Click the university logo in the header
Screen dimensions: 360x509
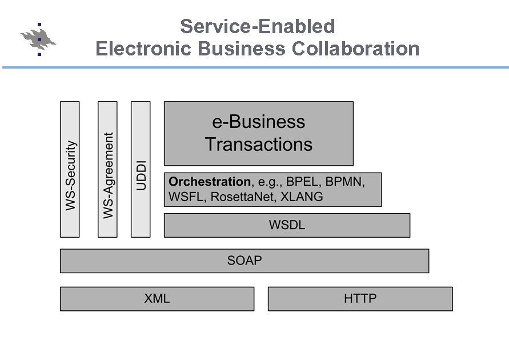coord(39,39)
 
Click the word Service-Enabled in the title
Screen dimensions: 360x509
coord(257,26)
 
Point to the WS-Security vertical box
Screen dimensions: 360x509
coord(70,169)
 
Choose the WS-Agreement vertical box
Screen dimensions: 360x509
coord(107,169)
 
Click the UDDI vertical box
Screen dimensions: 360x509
coord(141,169)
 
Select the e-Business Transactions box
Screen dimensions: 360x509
coord(258,133)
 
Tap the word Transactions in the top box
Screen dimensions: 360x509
coord(258,144)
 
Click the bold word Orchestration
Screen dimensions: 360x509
coord(210,182)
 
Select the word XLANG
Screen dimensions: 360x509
coord(302,197)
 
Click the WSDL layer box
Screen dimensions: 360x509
coord(287,225)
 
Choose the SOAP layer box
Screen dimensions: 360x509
coord(244,261)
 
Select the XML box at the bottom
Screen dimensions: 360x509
coord(157,298)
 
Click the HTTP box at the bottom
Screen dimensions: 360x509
coord(360,298)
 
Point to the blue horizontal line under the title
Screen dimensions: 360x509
coord(254,67)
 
